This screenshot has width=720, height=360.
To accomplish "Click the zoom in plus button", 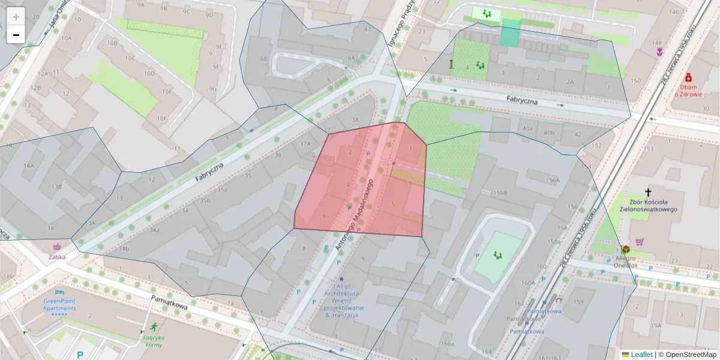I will click(16, 17).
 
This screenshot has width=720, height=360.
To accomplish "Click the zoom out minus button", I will click(16, 35).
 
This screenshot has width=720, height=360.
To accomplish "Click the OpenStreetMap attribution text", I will click(689, 355).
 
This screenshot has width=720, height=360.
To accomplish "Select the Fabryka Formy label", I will click(153, 341).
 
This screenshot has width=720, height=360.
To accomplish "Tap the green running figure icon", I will click(154, 327).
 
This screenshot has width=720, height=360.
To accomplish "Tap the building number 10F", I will click(162, 118).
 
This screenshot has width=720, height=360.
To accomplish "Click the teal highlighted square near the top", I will click(511, 33).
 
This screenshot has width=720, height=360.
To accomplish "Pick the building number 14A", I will click(28, 165).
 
